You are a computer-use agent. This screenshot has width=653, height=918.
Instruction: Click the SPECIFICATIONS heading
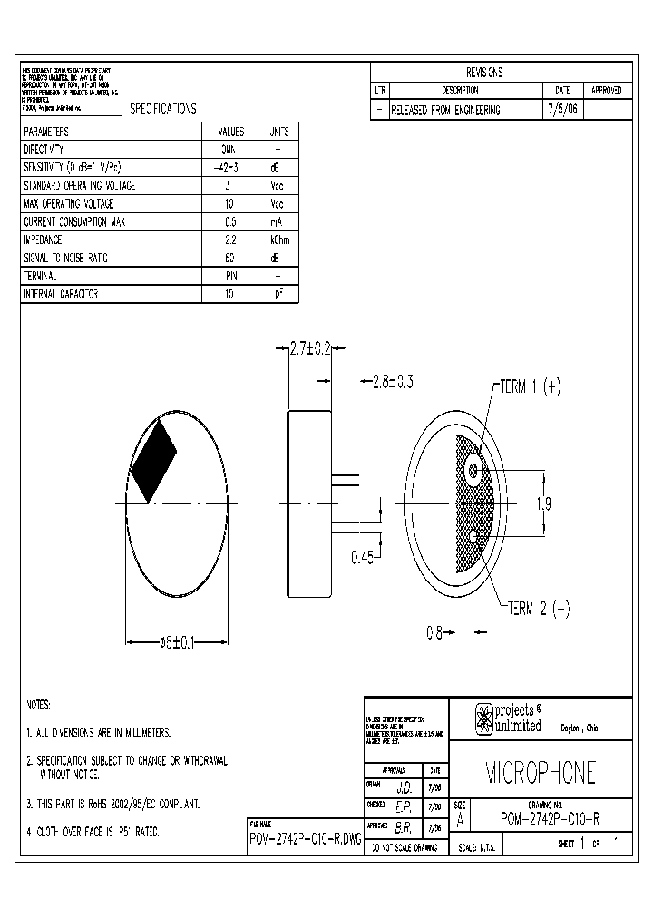(x=162, y=109)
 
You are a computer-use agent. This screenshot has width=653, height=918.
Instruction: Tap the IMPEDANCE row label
(x=43, y=240)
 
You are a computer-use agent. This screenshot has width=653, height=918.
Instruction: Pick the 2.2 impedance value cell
(x=228, y=240)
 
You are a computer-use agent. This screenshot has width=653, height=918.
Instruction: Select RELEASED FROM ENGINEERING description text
(x=444, y=110)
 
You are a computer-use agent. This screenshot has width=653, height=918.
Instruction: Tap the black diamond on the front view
(x=154, y=461)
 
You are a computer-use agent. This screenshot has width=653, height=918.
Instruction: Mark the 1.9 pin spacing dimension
(x=543, y=504)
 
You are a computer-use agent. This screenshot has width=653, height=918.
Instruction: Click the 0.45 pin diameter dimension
(x=363, y=556)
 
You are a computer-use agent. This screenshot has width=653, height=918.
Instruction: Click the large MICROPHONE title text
(x=540, y=773)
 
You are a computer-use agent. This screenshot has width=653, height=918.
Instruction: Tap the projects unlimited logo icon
(x=484, y=718)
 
